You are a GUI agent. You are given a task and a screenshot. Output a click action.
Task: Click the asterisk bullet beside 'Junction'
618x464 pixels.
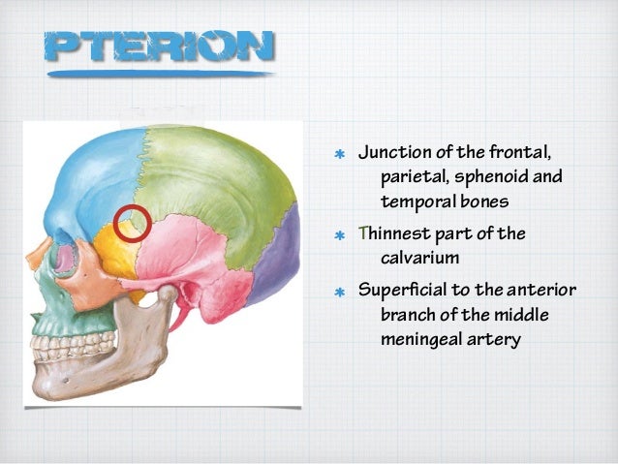339,155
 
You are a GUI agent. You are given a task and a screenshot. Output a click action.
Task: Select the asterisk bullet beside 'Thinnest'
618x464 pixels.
339,235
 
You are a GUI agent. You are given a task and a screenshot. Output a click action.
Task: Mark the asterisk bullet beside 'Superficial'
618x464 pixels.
339,291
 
